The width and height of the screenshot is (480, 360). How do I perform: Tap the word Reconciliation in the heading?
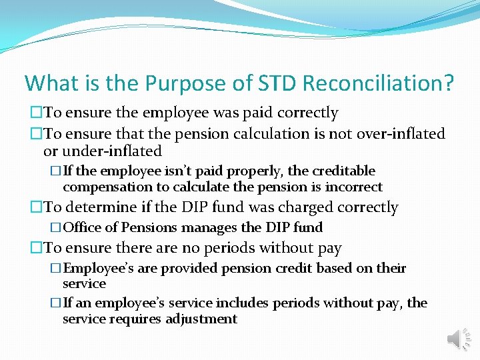(378, 83)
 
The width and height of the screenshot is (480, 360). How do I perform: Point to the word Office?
(83, 228)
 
